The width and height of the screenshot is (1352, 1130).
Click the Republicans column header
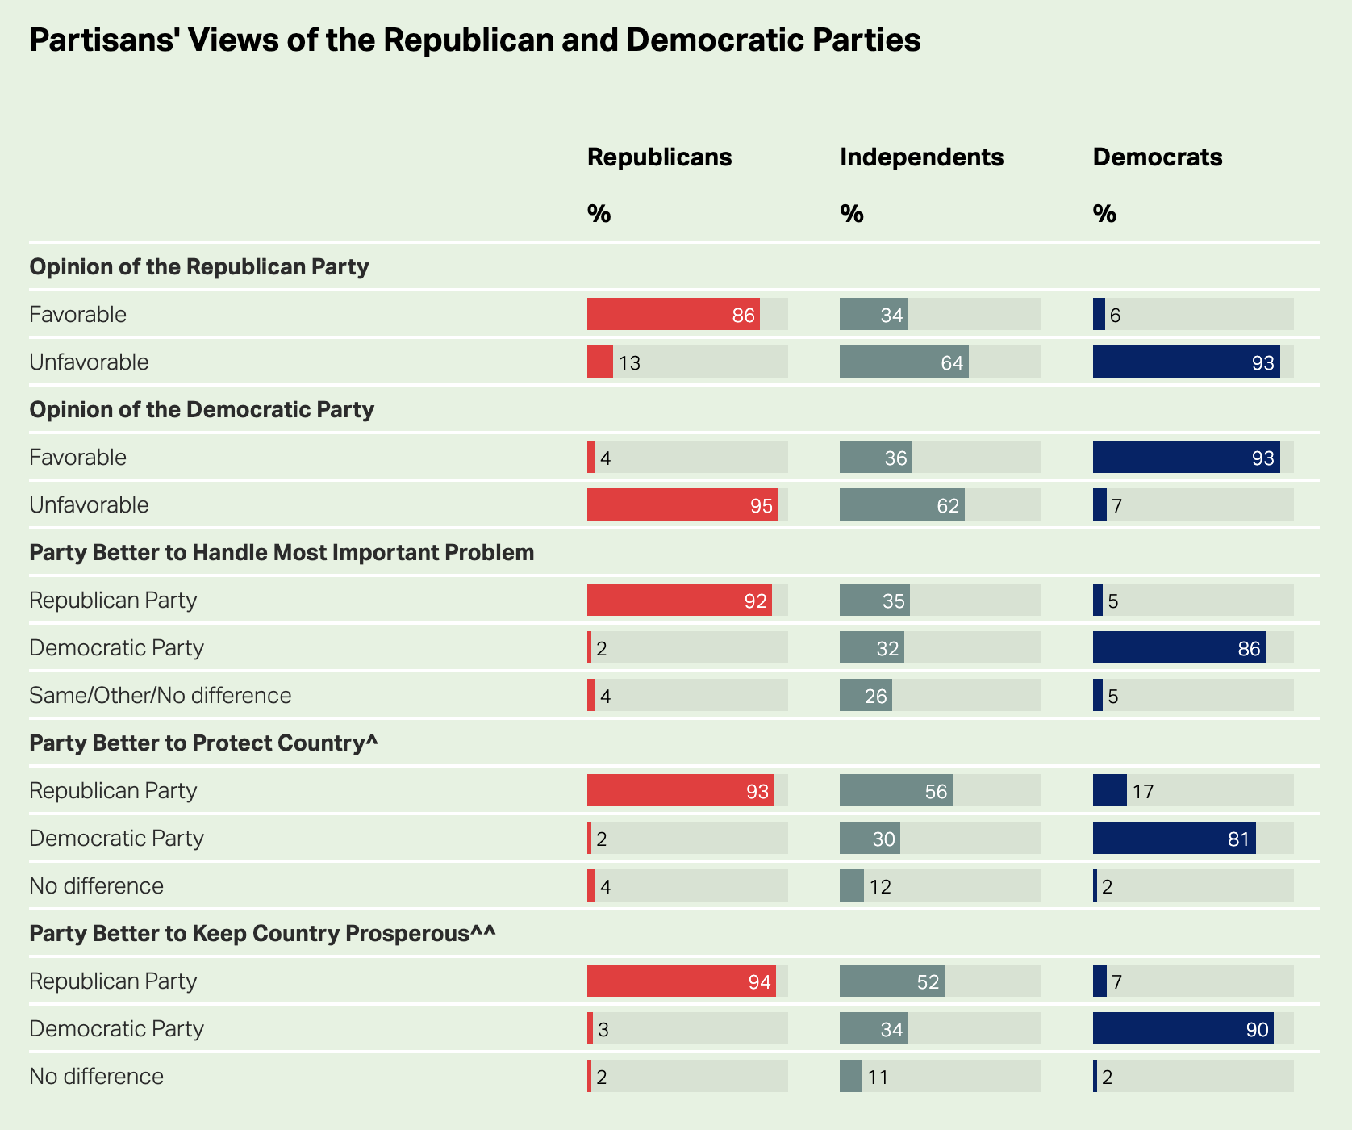659,157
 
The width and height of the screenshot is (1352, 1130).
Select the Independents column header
921,157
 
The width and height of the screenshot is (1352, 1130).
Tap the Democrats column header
1157,157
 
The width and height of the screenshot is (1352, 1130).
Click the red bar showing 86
673,314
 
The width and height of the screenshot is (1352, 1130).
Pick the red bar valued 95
682,504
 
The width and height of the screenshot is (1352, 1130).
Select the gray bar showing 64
903,362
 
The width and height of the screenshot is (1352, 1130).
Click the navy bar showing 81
1174,838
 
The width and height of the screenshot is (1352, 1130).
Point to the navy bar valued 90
1183,1028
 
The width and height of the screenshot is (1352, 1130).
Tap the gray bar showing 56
895,790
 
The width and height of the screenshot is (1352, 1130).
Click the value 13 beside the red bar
629,363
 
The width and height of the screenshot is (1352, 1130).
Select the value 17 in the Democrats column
1142,792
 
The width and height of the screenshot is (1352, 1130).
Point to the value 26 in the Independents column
876,697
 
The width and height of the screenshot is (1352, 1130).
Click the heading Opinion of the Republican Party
198,266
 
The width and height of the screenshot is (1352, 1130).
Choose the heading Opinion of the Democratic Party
202,409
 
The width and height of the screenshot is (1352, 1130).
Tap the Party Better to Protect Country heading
203,743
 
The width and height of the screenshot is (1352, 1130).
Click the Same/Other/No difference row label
160,695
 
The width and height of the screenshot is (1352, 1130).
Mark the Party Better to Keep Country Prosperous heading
262,933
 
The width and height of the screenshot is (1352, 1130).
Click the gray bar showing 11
850,1076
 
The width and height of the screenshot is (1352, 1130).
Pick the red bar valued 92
679,600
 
